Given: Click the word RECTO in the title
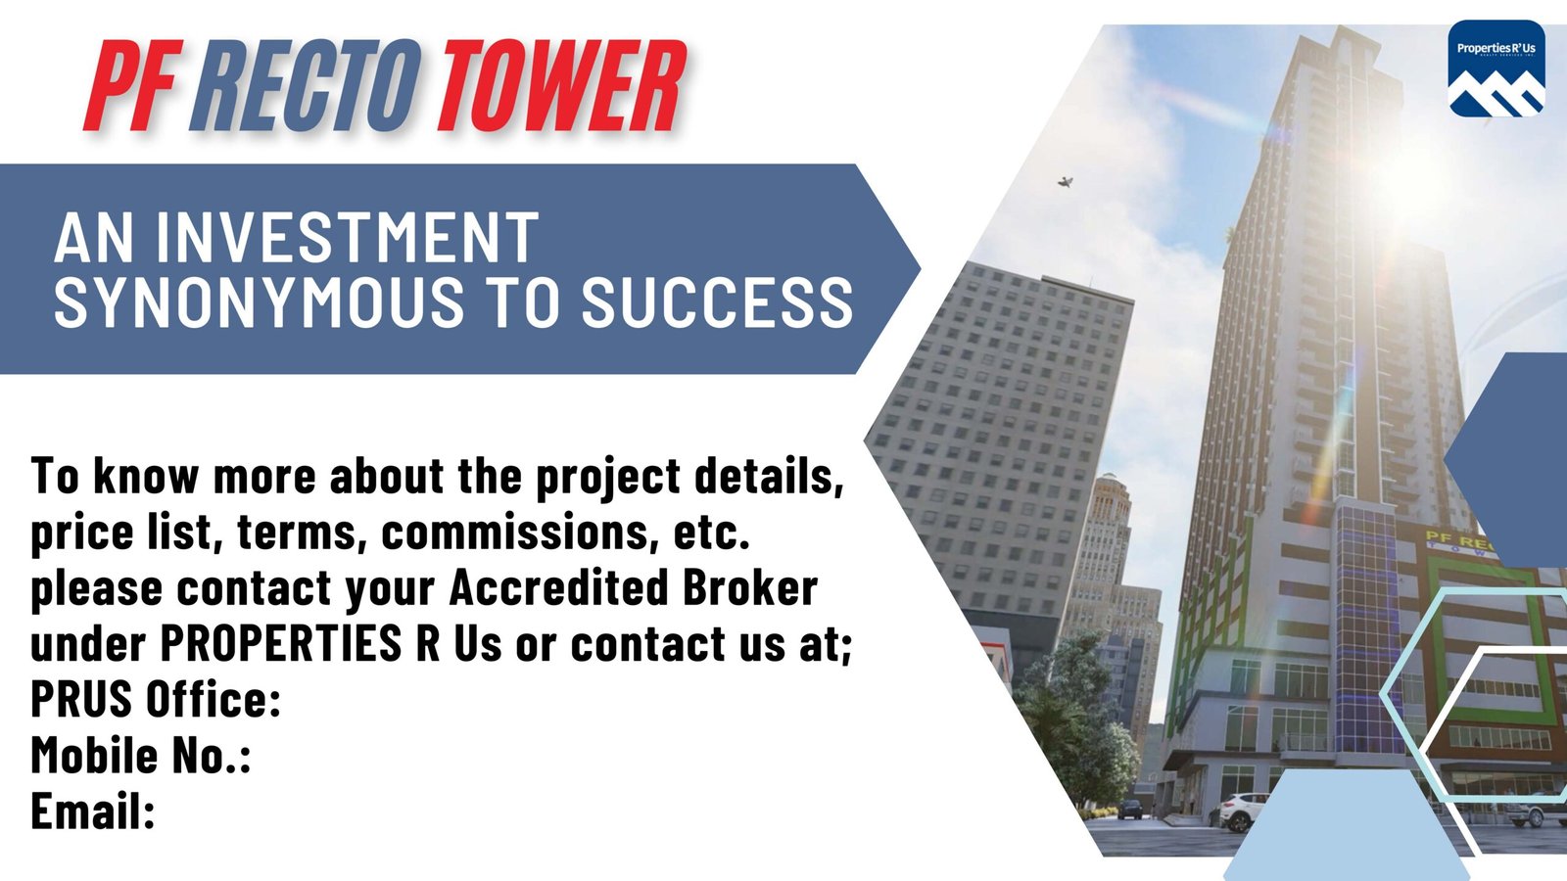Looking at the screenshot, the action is pos(306,85).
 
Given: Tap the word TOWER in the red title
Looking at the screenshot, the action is pos(559,85).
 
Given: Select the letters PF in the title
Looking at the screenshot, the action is pos(133,85).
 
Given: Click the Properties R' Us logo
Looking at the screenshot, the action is pos(1496,69).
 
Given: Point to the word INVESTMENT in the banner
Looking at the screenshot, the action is pos(347,239).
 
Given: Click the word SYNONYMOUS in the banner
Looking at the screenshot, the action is pos(259,301).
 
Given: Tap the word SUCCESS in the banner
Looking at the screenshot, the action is pos(717,301).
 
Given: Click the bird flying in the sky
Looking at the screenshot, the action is pos(1066,182).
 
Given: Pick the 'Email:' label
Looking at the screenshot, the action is pos(92,811).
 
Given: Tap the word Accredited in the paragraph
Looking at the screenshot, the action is pos(559,587).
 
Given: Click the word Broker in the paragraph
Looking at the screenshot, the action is pos(750,587).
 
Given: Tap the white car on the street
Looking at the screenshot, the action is pos(1244,811).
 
